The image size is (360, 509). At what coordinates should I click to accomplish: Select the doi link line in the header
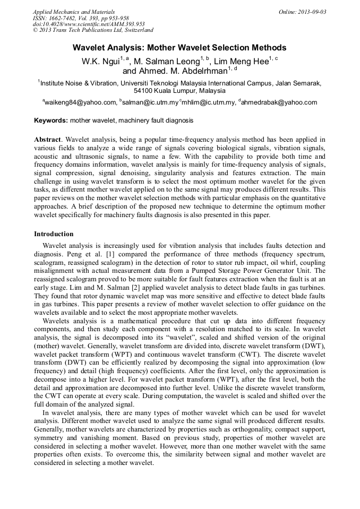(x=89, y=24)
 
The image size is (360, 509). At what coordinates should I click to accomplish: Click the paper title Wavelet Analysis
(x=179, y=47)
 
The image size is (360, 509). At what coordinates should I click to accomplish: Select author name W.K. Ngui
(x=100, y=62)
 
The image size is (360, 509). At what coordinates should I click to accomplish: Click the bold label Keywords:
(x=51, y=120)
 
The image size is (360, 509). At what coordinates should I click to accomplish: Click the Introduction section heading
(x=54, y=234)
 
